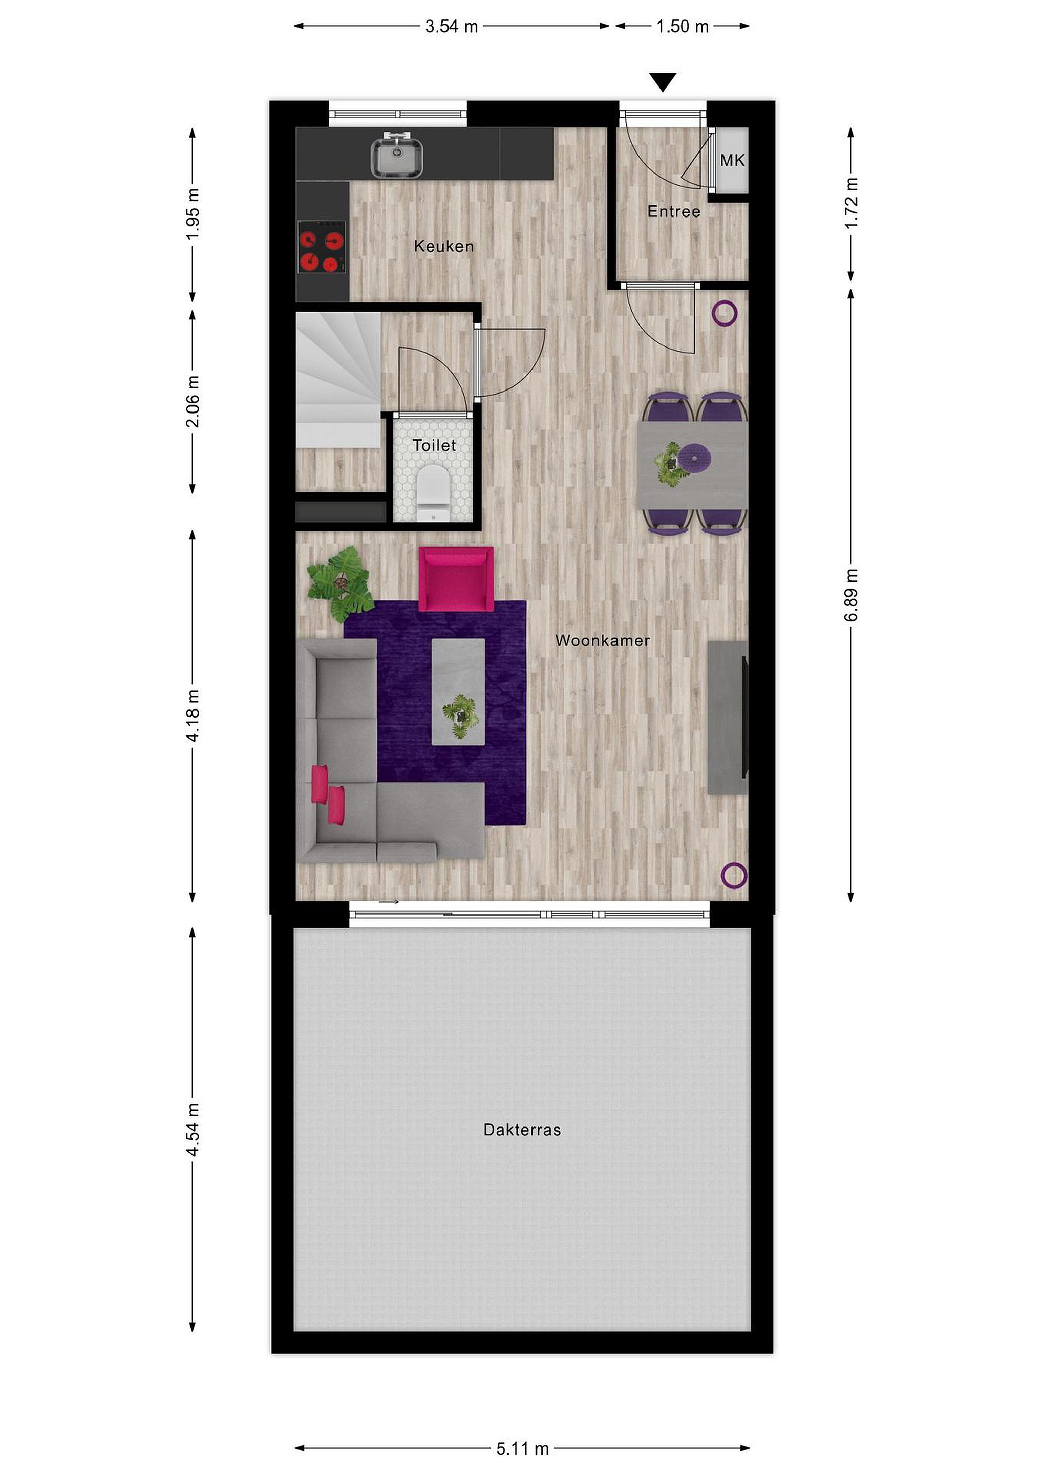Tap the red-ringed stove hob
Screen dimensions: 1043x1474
tap(322, 247)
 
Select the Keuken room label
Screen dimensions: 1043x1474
tap(444, 246)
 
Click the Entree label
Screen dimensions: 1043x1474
tap(674, 211)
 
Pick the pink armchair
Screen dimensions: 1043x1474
tap(456, 578)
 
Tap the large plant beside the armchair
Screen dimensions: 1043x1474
tap(340, 583)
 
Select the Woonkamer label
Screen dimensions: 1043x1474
tap(603, 640)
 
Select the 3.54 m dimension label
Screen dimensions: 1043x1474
tap(452, 26)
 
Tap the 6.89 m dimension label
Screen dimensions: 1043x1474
tap(851, 595)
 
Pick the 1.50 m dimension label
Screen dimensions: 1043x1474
tap(682, 26)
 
